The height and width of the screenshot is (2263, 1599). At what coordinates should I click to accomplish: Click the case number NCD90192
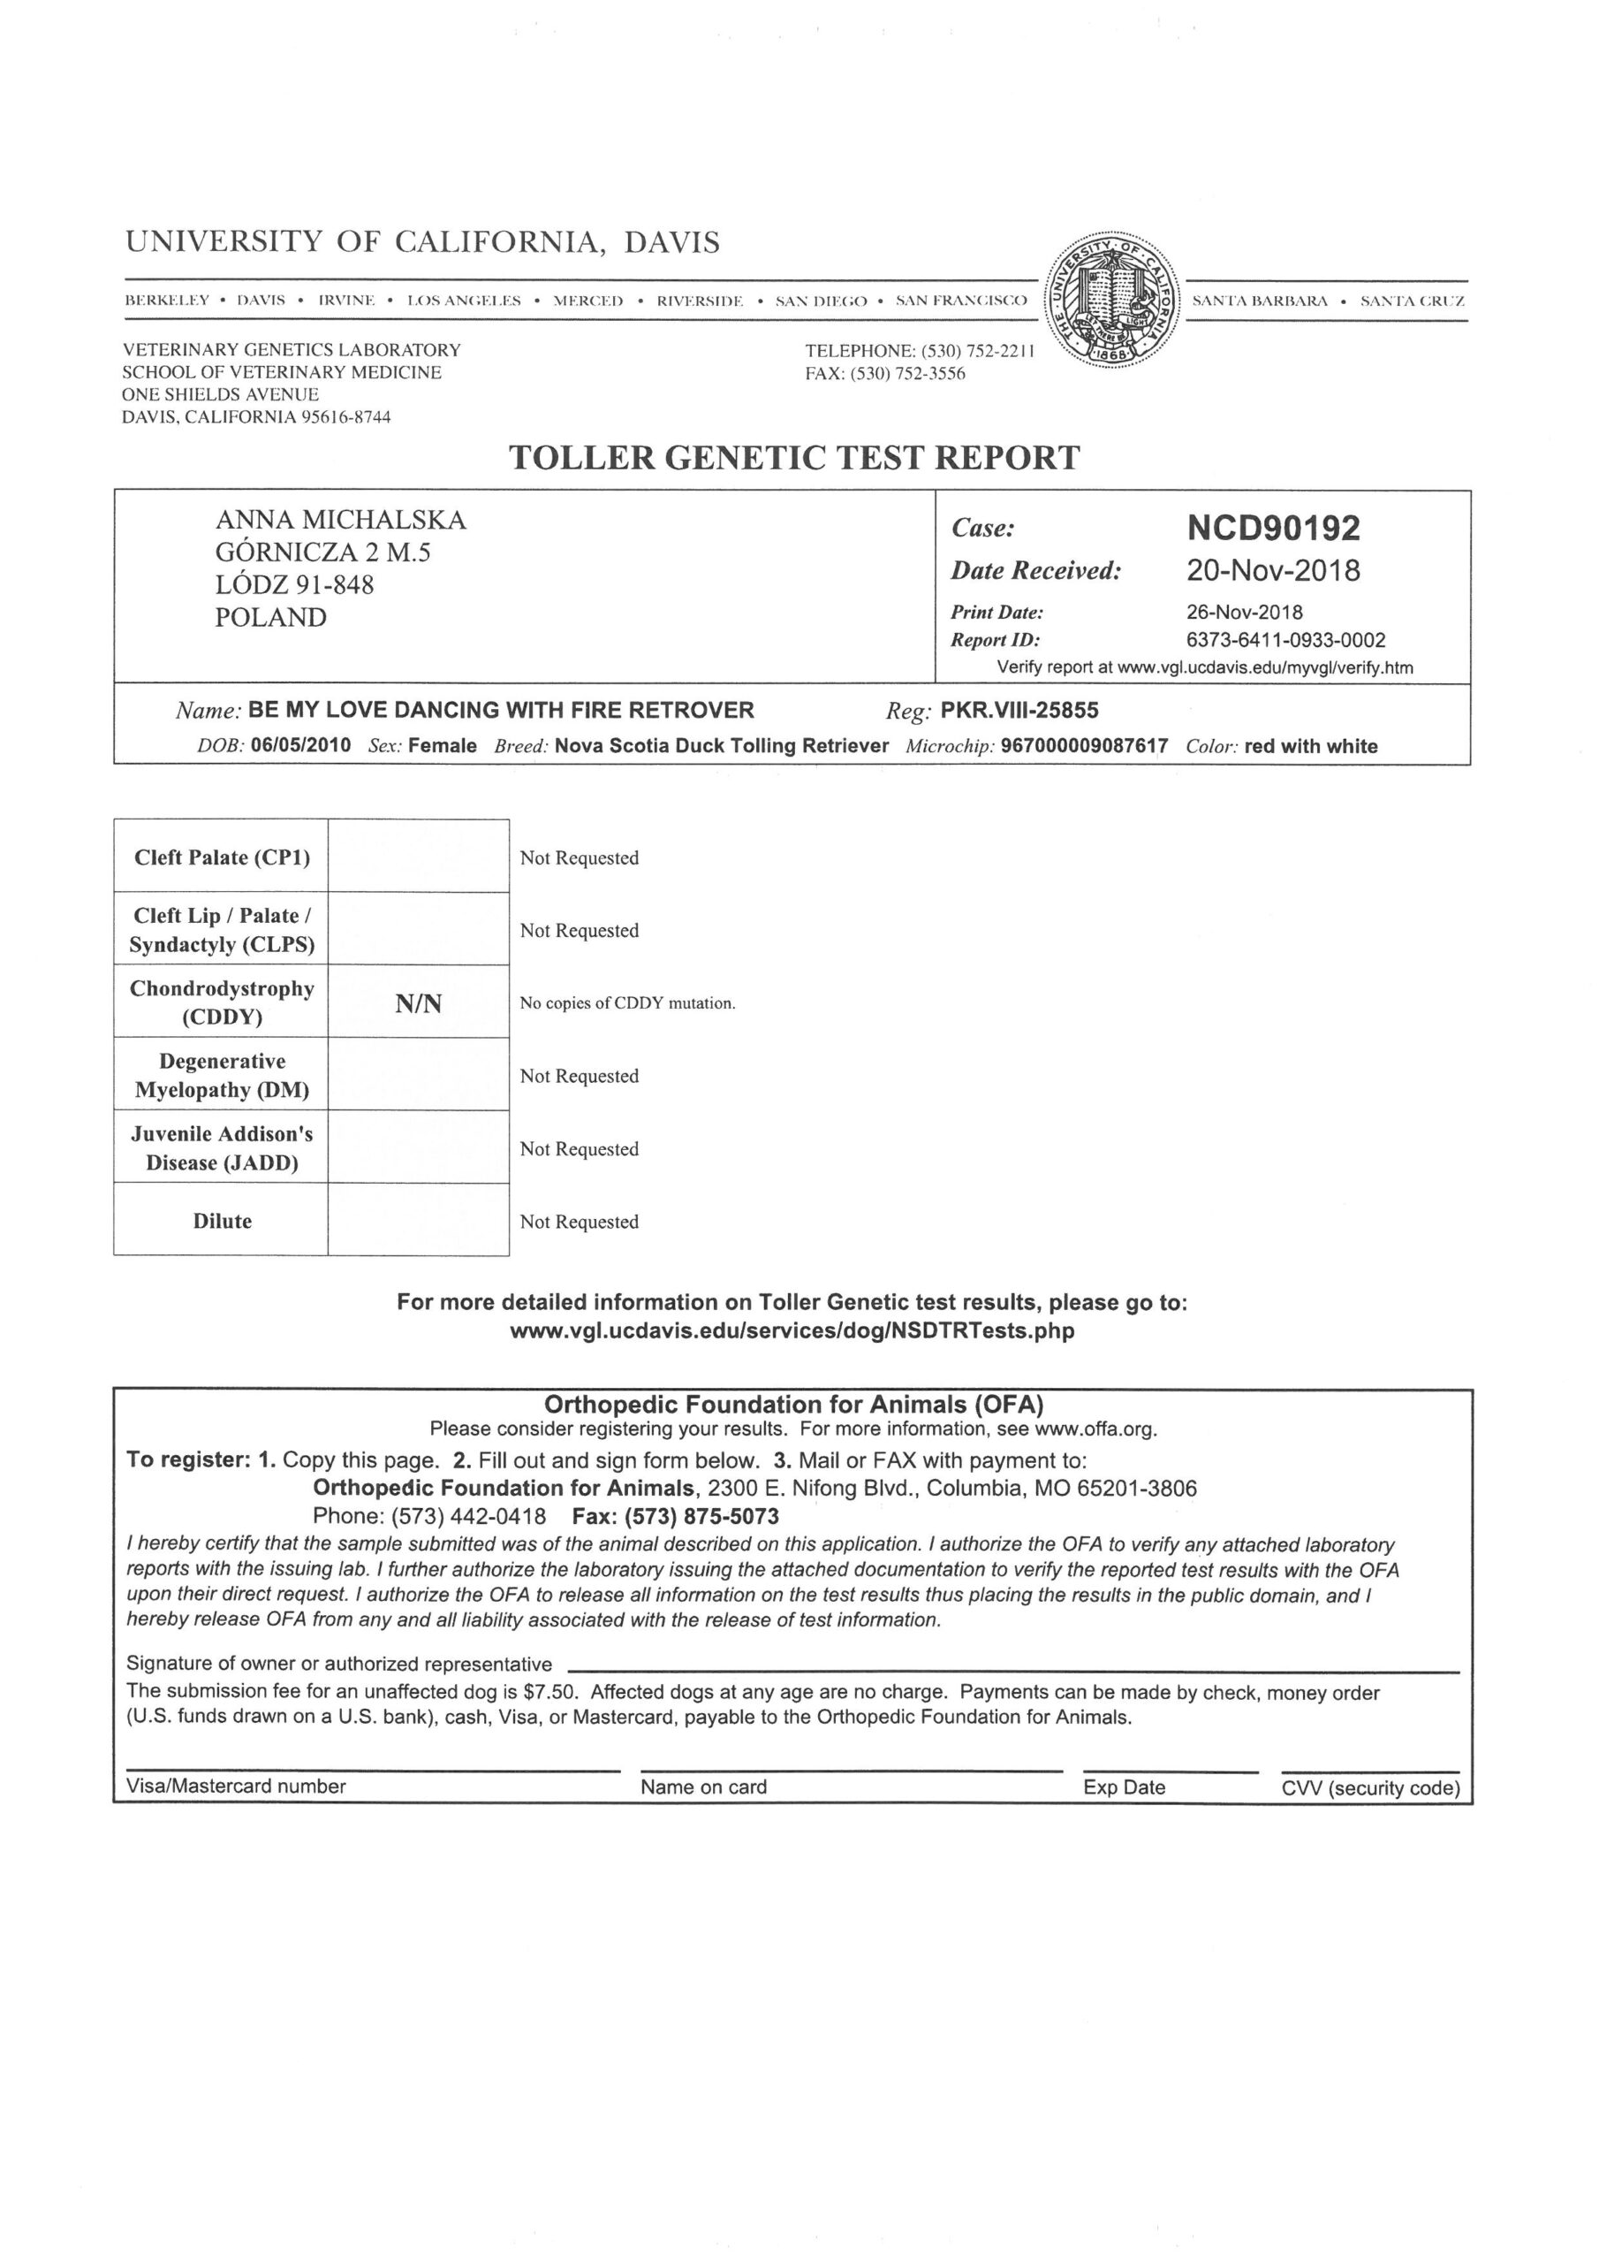(x=1273, y=529)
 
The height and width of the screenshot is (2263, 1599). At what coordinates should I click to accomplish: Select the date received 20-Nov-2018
(x=1273, y=571)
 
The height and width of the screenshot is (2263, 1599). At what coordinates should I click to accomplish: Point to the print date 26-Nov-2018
(x=1245, y=612)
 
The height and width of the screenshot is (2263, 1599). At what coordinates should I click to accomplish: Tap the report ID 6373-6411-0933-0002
(x=1285, y=640)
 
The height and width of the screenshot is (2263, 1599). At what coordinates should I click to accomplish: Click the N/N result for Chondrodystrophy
(x=419, y=1003)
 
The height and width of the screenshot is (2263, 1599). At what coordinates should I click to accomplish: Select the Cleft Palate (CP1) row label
(x=222, y=857)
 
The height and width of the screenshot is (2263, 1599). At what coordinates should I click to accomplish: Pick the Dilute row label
(x=222, y=1221)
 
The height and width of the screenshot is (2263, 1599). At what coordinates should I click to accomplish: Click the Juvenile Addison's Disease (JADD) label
(x=222, y=1148)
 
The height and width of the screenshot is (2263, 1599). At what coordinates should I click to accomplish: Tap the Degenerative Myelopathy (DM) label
(x=222, y=1075)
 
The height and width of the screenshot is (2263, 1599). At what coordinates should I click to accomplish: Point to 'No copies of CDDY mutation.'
(x=627, y=1003)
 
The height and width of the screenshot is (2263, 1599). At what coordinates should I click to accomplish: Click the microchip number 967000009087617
(x=1084, y=746)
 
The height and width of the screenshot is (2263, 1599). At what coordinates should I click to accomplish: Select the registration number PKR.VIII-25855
(x=1019, y=710)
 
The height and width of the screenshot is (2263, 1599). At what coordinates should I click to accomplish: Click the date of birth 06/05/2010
(x=300, y=745)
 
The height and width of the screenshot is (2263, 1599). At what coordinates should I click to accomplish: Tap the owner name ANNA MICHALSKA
(x=340, y=520)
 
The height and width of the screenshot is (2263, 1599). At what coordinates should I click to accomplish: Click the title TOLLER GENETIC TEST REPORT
(x=794, y=458)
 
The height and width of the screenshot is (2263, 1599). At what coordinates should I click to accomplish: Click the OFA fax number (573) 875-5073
(x=701, y=1516)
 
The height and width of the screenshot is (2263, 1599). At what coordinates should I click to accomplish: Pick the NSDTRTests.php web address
(x=792, y=1330)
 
